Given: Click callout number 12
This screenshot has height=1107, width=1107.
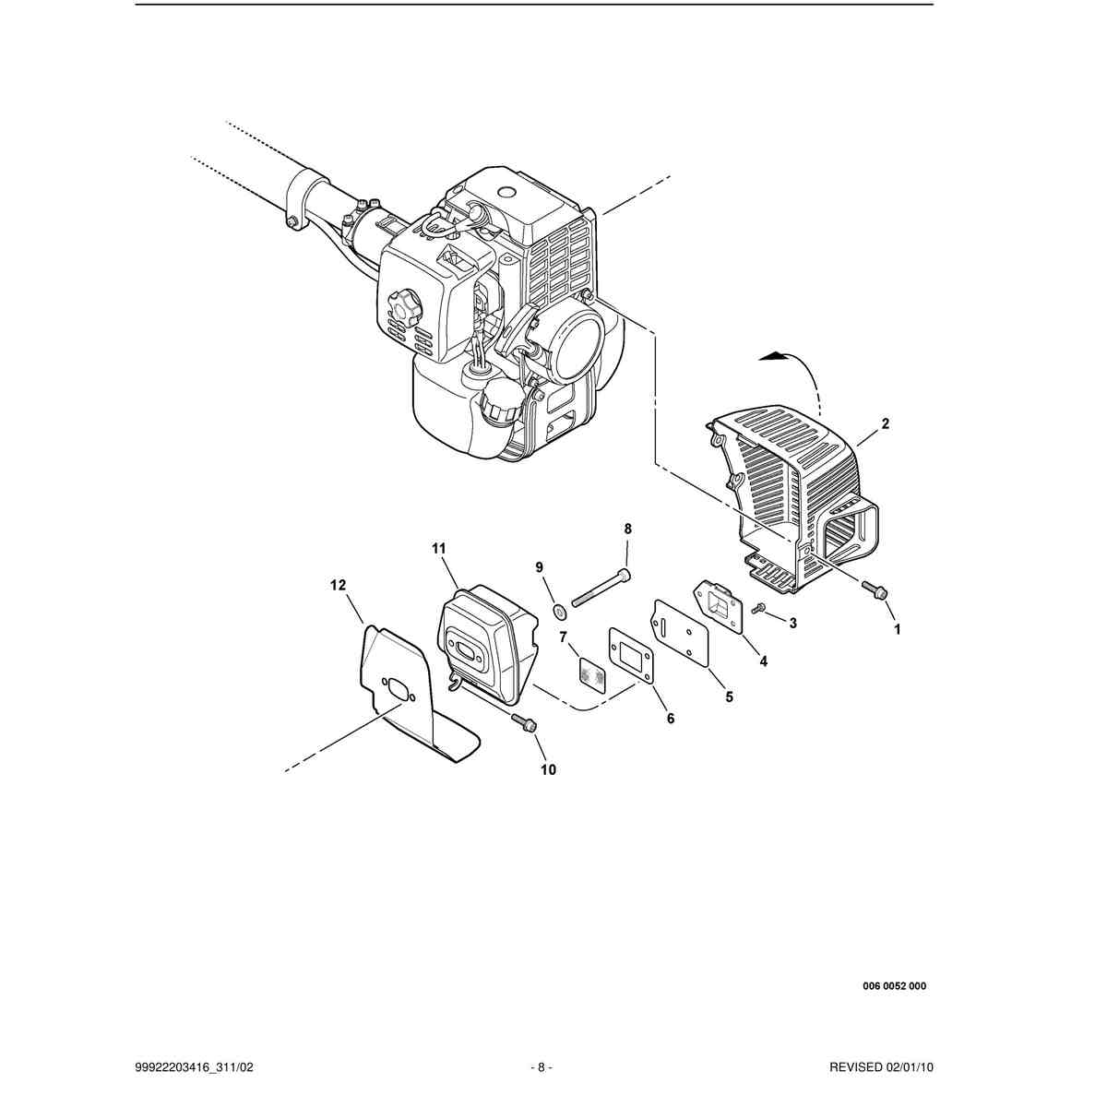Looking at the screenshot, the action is pos(339,585).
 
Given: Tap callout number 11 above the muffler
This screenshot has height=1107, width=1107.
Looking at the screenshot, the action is pos(438,549).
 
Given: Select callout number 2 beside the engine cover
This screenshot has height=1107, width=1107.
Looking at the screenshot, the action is pos(886,423).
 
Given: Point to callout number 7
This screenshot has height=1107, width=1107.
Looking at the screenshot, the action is pos(563,637).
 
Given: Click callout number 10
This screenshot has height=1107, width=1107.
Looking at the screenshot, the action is pos(548,769).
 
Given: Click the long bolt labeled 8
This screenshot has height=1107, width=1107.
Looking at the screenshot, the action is pos(601,588).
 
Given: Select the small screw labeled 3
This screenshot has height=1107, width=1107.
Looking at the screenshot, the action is pos(760,608).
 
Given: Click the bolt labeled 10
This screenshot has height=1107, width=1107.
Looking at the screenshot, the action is pos(523,722).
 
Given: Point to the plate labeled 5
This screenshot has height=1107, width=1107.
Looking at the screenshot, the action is pos(679,631).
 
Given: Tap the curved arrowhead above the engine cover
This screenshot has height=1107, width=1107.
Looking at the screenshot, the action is pos(772,356).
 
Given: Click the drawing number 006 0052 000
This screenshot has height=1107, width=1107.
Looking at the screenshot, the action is pos(895,986).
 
